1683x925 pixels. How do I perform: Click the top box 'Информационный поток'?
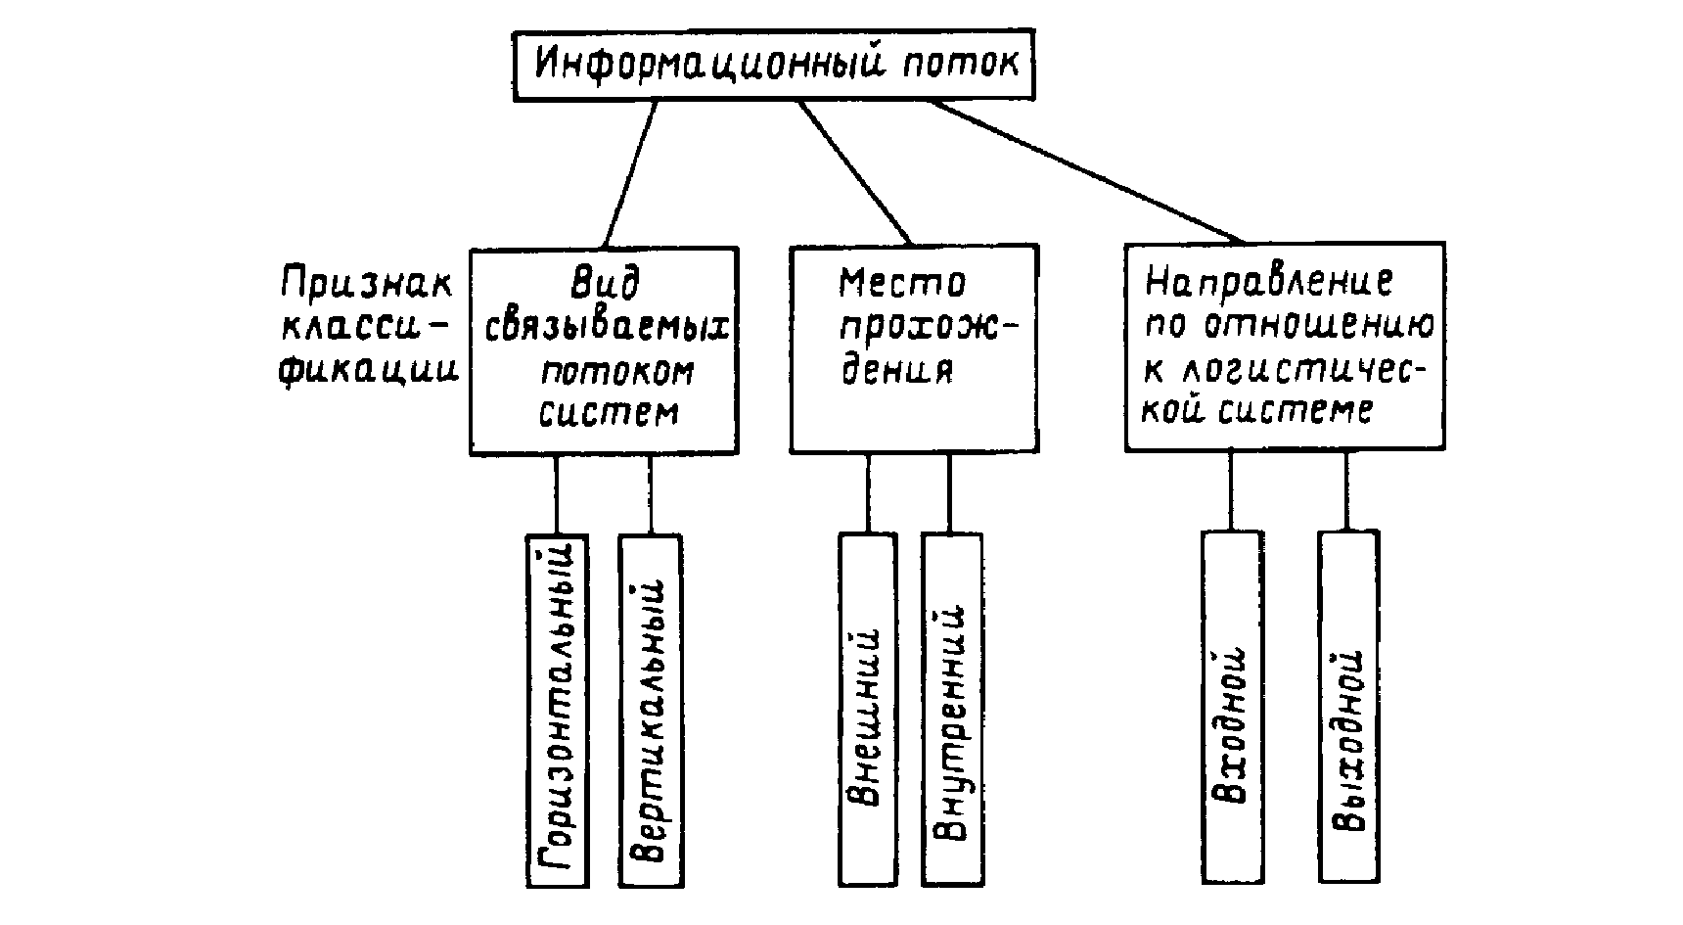(775, 66)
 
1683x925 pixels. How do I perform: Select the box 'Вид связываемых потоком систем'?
(604, 350)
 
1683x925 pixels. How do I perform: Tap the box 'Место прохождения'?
(914, 348)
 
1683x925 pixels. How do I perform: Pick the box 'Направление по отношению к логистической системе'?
(1284, 347)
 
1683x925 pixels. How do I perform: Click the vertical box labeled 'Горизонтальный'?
(557, 710)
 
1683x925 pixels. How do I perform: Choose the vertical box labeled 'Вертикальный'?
(651, 710)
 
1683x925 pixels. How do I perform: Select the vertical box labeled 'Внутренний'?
(952, 710)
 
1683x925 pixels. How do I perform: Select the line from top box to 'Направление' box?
(1086, 171)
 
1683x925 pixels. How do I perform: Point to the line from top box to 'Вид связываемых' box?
(630, 173)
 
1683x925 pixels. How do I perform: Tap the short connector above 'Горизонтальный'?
(556, 494)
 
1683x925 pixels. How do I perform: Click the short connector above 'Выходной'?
(1348, 491)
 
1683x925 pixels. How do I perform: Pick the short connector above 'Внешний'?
(868, 493)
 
